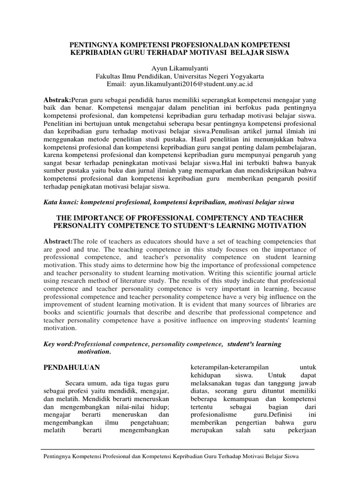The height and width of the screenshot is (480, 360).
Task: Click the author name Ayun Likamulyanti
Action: pos(180,67)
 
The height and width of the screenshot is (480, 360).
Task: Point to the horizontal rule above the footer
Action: pos(180,449)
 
